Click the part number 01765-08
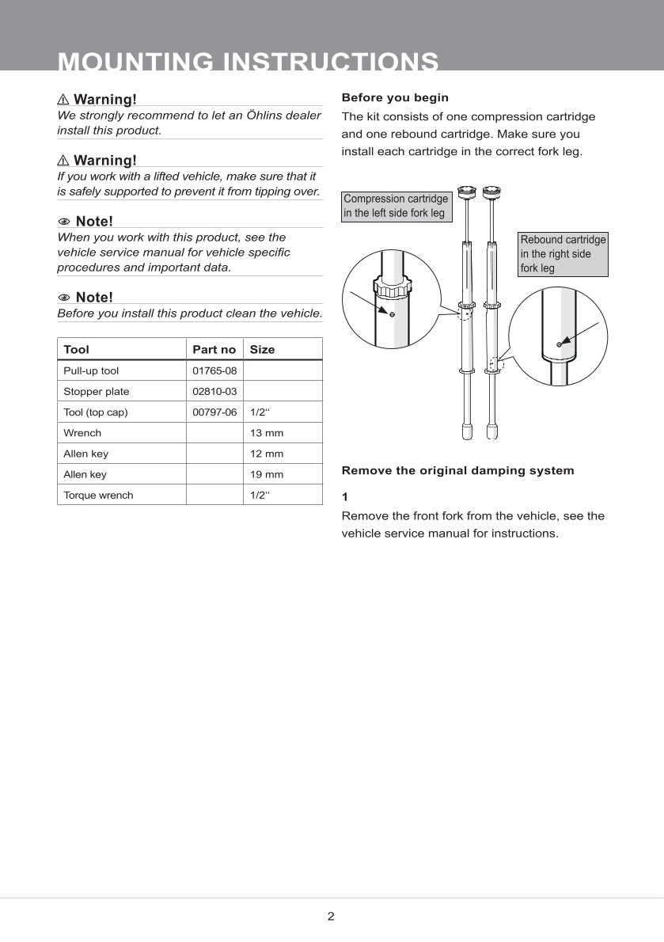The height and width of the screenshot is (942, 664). coord(214,370)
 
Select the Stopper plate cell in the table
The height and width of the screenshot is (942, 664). coord(97,391)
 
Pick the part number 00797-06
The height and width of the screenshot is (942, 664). coord(214,412)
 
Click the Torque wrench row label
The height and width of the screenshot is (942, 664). coord(98,495)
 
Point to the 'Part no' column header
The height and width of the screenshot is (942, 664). coord(214,349)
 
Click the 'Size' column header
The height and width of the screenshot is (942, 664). coord(262,349)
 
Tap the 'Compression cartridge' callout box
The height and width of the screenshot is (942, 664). coord(396,206)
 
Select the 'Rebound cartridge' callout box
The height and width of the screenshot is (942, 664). coord(563,253)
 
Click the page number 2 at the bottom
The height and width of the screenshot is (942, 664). coord(331,917)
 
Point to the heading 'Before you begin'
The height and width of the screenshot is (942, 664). coord(395,97)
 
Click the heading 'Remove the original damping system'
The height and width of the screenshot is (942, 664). coord(457,470)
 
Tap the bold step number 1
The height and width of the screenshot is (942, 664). coord(345,496)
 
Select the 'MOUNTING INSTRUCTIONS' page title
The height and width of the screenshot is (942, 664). coord(249,61)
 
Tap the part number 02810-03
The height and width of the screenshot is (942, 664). coord(214,391)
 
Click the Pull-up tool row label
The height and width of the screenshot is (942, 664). coord(91,370)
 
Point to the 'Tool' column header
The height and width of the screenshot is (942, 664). coord(77,349)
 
